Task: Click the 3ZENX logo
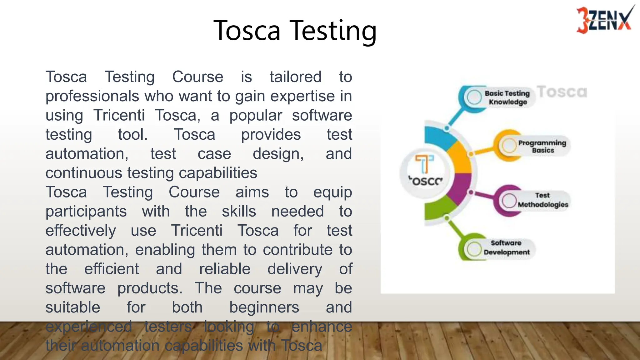(x=604, y=19)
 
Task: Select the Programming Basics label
(x=542, y=146)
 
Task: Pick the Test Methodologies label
(x=542, y=200)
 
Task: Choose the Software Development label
(x=506, y=247)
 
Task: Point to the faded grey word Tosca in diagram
(x=562, y=92)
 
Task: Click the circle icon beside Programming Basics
(x=509, y=145)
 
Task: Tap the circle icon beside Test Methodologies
(x=509, y=200)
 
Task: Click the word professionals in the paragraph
(x=92, y=96)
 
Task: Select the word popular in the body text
(x=256, y=115)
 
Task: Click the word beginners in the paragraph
(x=264, y=307)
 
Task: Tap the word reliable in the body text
(x=225, y=269)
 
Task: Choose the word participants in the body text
(x=86, y=212)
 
